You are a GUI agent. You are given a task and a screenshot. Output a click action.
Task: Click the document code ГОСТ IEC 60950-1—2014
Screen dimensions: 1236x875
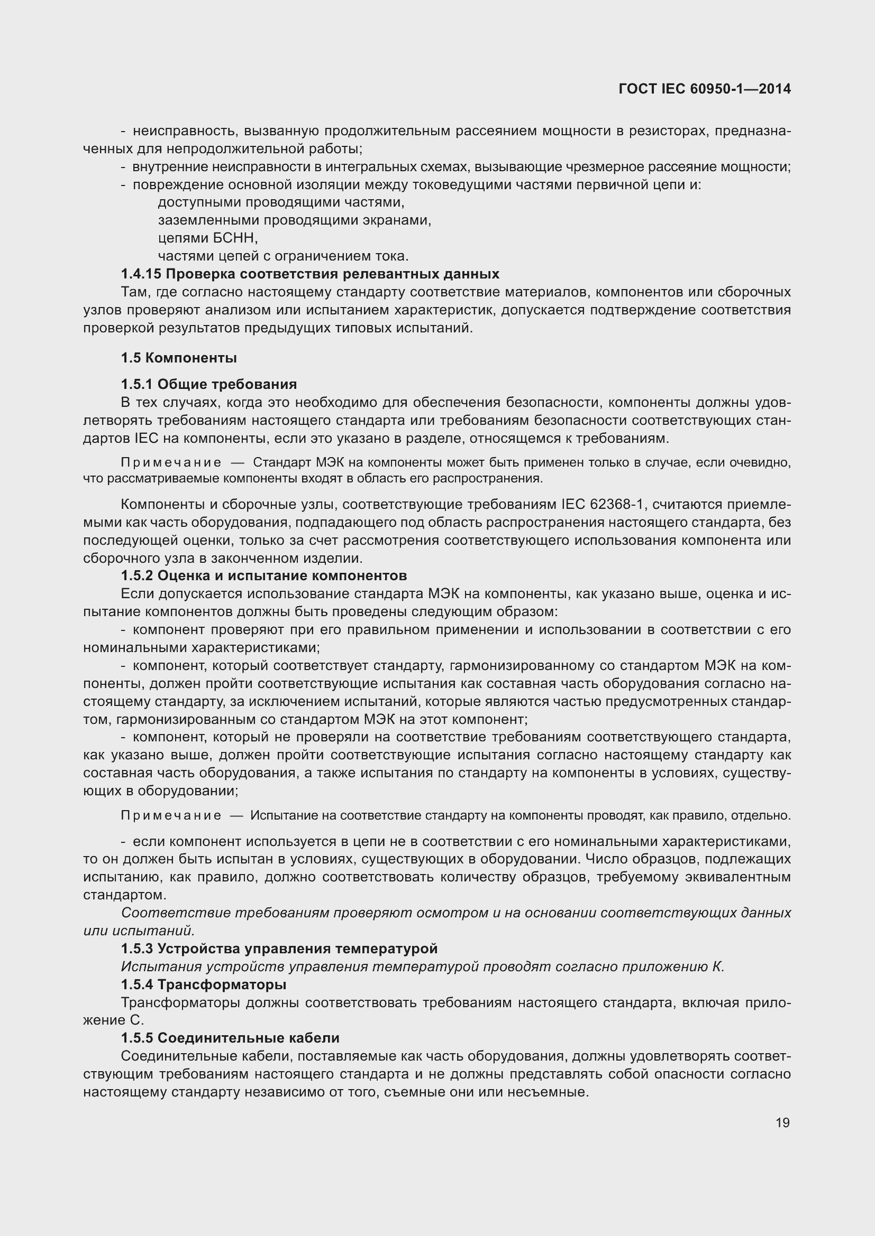pos(705,89)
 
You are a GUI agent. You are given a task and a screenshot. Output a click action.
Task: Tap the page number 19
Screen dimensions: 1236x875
pos(782,1122)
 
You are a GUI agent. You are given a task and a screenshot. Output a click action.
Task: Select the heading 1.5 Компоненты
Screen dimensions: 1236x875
pos(179,358)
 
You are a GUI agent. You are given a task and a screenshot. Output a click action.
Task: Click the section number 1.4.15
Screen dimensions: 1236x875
pos(141,274)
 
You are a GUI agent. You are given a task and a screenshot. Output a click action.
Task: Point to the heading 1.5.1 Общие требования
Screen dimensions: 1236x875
pos(209,384)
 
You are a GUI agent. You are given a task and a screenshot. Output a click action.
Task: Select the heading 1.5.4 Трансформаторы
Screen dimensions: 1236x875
pos(204,984)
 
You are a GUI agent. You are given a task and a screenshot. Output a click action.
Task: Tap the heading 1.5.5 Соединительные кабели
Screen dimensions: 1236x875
pos(230,1038)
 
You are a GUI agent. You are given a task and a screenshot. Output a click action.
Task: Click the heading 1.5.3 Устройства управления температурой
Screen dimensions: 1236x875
pos(279,949)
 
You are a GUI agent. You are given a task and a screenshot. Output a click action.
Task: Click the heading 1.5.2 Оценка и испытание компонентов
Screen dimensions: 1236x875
pos(264,575)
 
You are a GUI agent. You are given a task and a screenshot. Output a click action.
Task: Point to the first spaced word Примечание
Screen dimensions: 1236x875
pos(171,462)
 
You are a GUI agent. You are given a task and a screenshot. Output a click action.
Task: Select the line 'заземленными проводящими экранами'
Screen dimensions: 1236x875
pos(294,220)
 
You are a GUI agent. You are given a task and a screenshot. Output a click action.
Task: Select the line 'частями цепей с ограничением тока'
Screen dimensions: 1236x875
pos(284,256)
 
